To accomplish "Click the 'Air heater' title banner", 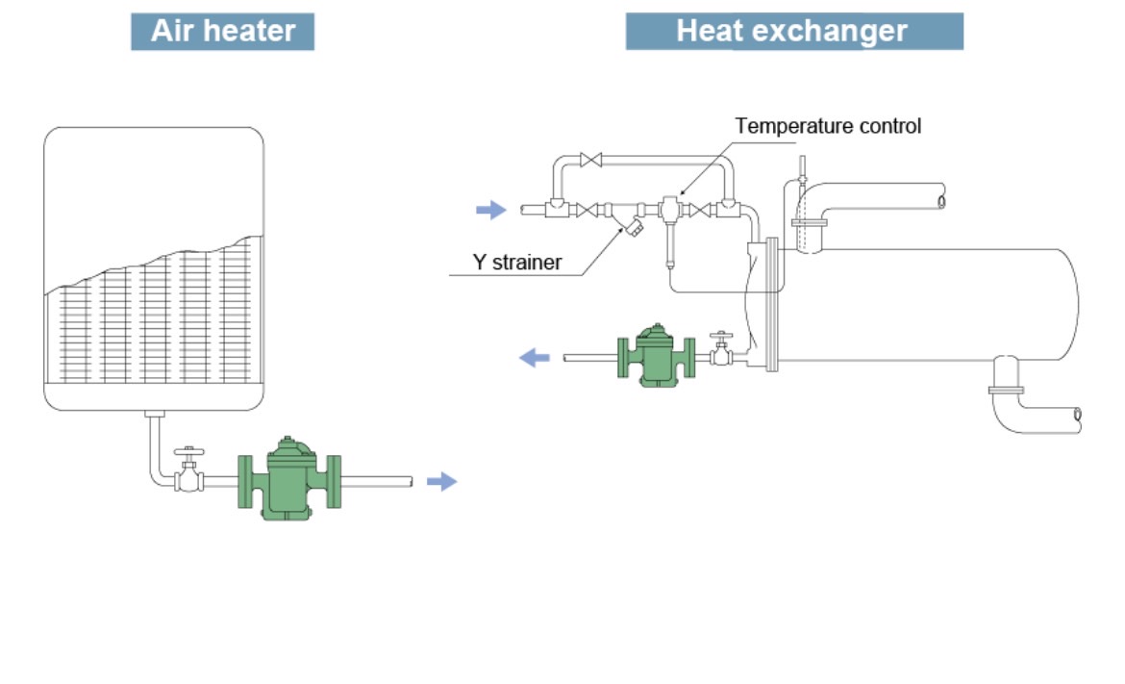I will (x=222, y=31).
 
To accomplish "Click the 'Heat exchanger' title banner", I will (x=793, y=31).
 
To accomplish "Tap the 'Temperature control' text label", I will (x=828, y=126).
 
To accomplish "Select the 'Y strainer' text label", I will (x=516, y=262).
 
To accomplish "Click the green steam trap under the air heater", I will (x=289, y=478).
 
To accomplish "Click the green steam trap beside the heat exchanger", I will (x=657, y=356).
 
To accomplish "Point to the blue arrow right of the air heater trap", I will (x=441, y=482).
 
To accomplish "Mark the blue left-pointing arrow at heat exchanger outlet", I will (x=535, y=358).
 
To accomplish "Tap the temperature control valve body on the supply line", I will (x=669, y=208).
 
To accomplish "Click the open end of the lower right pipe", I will (x=1077, y=415).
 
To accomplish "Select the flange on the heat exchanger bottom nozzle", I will (x=1006, y=390).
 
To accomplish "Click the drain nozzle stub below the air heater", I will (x=154, y=415).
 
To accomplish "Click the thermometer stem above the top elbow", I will (x=801, y=173).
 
